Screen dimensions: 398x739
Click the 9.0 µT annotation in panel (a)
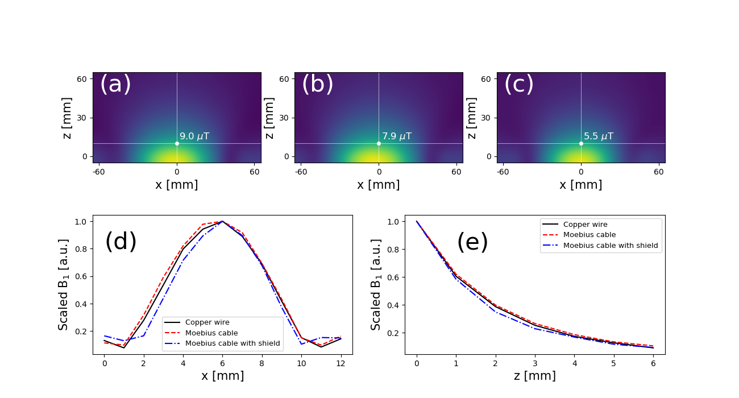click(194, 136)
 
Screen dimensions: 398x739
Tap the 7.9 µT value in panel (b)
click(396, 136)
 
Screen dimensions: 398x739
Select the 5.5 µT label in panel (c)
click(598, 136)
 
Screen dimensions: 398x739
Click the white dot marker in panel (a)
click(177, 143)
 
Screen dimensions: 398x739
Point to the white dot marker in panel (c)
click(581, 143)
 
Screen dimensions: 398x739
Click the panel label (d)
click(121, 242)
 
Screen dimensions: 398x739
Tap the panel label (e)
click(472, 242)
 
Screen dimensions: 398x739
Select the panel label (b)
click(317, 85)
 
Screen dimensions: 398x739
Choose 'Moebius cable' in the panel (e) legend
click(589, 235)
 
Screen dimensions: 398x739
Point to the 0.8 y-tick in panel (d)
click(84, 249)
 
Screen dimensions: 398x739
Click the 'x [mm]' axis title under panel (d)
click(223, 376)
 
